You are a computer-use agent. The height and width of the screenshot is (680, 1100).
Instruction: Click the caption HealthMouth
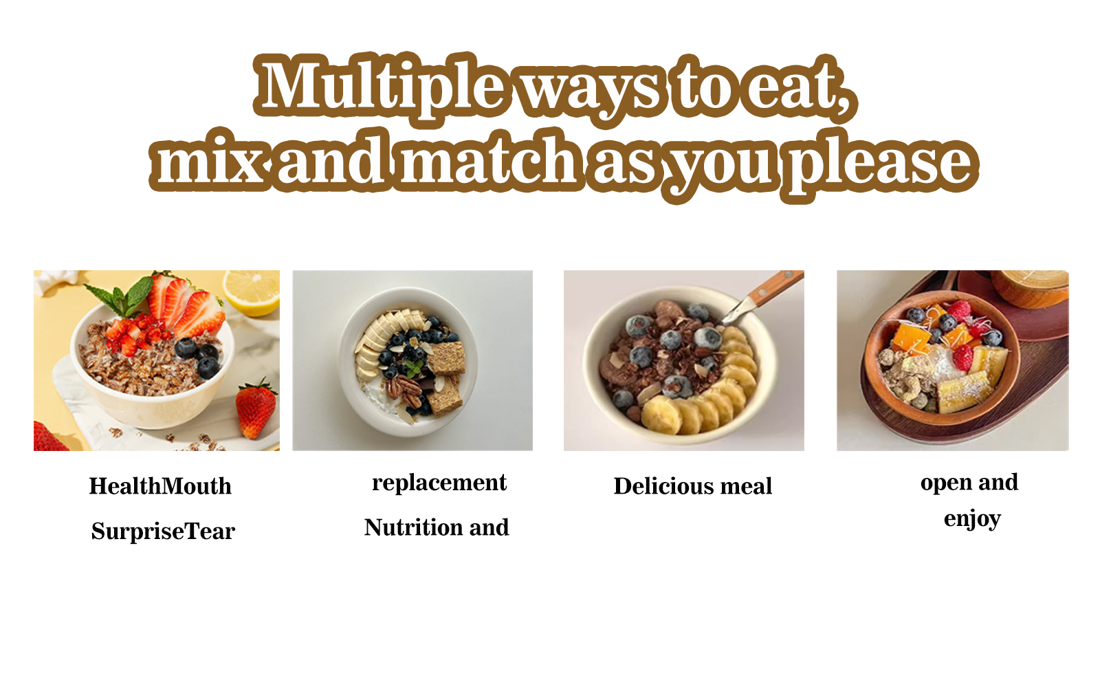[160, 486]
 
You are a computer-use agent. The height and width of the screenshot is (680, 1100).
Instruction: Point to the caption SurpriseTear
[163, 531]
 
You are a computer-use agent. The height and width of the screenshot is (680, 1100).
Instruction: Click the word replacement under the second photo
[439, 483]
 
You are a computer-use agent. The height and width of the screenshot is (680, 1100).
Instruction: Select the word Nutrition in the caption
[413, 527]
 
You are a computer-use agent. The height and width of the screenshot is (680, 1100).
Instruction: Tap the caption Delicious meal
[693, 486]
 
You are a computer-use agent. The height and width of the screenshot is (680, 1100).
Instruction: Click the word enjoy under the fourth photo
[972, 519]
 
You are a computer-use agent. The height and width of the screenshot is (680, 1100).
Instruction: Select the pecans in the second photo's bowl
[404, 391]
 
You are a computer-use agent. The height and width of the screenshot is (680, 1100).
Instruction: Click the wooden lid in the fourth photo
[1031, 287]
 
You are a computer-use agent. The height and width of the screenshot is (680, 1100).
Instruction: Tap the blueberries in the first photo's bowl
[199, 356]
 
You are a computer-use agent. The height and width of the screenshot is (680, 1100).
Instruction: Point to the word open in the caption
[946, 483]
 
